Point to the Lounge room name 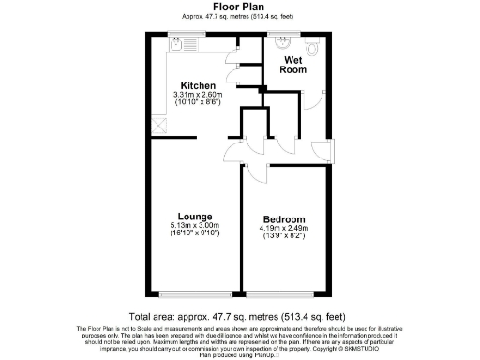pos(194,217)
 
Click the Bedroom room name pos(281,217)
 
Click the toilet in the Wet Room pos(313,44)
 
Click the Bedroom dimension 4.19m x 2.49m pos(281,226)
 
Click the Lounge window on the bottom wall pos(194,292)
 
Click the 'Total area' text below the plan pos(239,318)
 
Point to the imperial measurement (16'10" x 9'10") pos(194,234)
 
